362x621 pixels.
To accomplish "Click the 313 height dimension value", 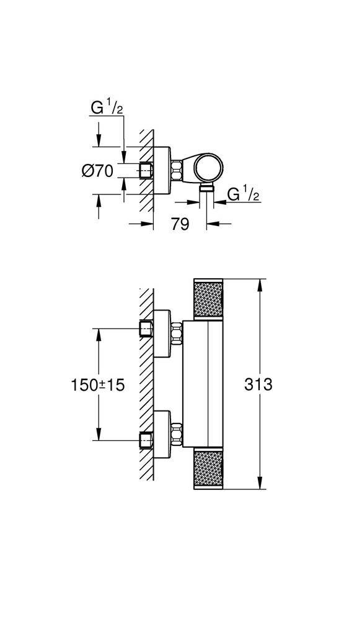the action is click(258, 384).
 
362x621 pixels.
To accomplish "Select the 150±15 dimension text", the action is click(97, 384).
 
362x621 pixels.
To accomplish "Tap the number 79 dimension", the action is click(180, 224).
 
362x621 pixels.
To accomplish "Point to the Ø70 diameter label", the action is click(97, 171).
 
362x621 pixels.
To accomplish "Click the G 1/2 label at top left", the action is click(107, 107).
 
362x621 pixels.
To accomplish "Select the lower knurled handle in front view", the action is click(208, 469).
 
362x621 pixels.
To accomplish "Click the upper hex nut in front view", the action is click(176, 333).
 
